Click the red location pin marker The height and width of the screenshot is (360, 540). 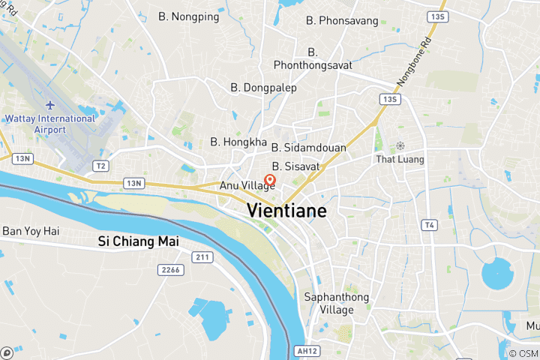(x=269, y=180)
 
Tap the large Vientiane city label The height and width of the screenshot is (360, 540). (x=286, y=211)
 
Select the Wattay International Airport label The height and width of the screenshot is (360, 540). (x=50, y=124)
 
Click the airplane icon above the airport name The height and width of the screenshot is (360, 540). (x=50, y=104)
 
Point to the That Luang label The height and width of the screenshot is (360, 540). (x=400, y=159)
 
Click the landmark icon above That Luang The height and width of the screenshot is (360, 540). (x=400, y=145)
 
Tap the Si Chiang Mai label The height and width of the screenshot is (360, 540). (x=138, y=241)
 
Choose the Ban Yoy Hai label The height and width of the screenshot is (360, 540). (x=31, y=231)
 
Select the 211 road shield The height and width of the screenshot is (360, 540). (x=200, y=257)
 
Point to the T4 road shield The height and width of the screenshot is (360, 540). (x=429, y=225)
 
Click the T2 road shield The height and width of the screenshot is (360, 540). (x=100, y=165)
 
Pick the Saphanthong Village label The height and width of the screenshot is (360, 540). (x=336, y=303)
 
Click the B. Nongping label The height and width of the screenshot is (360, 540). (x=189, y=16)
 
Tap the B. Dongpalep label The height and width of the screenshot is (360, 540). (x=263, y=88)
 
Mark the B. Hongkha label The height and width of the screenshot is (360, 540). (x=238, y=141)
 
